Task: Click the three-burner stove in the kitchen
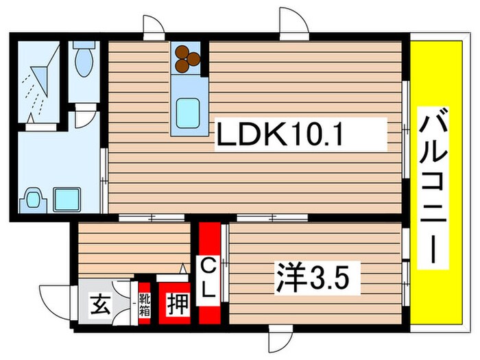[x=187, y=59]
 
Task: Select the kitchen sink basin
[x=187, y=110]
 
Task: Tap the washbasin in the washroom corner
[x=32, y=199]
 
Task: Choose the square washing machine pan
[x=67, y=200]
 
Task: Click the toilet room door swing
[x=84, y=116]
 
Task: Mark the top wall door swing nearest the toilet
[x=154, y=27]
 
